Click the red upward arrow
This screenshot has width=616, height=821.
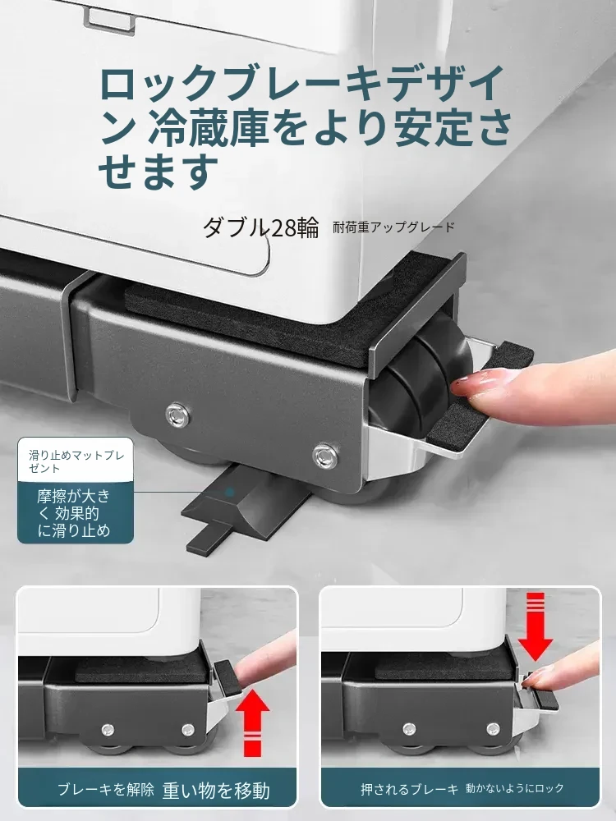tap(252, 725)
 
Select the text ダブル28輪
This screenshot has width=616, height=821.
tap(260, 227)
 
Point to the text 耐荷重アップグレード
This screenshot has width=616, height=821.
tap(394, 227)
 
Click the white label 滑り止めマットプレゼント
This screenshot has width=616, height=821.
tap(76, 461)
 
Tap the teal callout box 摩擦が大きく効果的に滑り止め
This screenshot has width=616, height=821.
tap(76, 513)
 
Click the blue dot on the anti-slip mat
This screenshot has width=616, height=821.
tap(229, 492)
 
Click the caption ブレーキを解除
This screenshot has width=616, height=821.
tap(106, 789)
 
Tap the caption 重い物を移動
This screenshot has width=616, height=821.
tap(216, 790)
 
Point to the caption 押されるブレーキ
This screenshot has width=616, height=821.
tap(409, 789)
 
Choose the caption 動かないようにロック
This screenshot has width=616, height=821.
tap(515, 788)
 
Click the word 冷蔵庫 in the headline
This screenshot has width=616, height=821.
tap(209, 127)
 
